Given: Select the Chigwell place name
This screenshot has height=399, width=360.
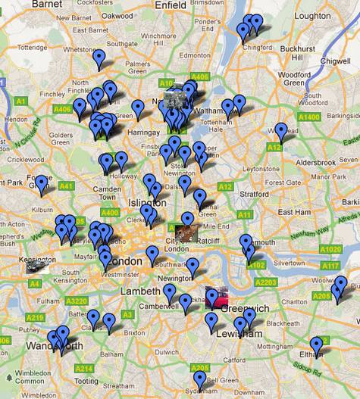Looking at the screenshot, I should pyautogui.click(x=336, y=59).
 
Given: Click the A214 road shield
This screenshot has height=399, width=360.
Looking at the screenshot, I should pyautogui.click(x=84, y=369).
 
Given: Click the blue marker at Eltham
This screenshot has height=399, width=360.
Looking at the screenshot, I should pyautogui.click(x=316, y=346).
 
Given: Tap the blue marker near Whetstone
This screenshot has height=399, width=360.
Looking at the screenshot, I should pyautogui.click(x=99, y=57).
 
